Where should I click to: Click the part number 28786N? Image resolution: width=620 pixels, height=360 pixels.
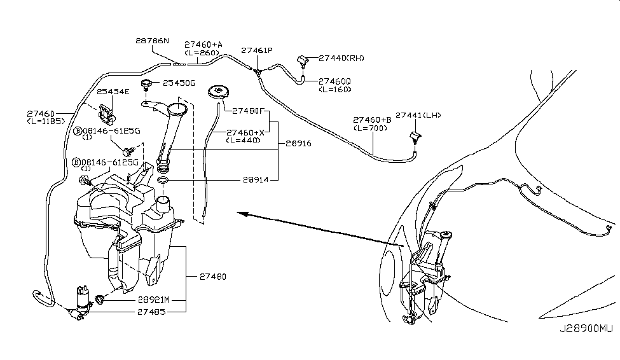click(152, 41)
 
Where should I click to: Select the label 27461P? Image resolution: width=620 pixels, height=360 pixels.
click(256, 50)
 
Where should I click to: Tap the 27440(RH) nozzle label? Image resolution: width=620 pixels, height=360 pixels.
click(342, 59)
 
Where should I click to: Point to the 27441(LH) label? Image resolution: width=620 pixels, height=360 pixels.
click(418, 115)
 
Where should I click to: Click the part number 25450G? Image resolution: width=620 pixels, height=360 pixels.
click(179, 83)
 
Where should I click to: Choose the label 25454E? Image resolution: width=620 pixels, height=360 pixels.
click(113, 92)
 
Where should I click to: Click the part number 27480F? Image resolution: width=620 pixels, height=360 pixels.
click(247, 111)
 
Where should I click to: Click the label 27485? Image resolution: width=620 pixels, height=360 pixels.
click(152, 312)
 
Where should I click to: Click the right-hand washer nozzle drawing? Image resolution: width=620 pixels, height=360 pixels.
click(303, 61)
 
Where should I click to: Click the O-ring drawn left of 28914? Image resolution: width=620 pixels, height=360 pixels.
click(162, 182)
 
